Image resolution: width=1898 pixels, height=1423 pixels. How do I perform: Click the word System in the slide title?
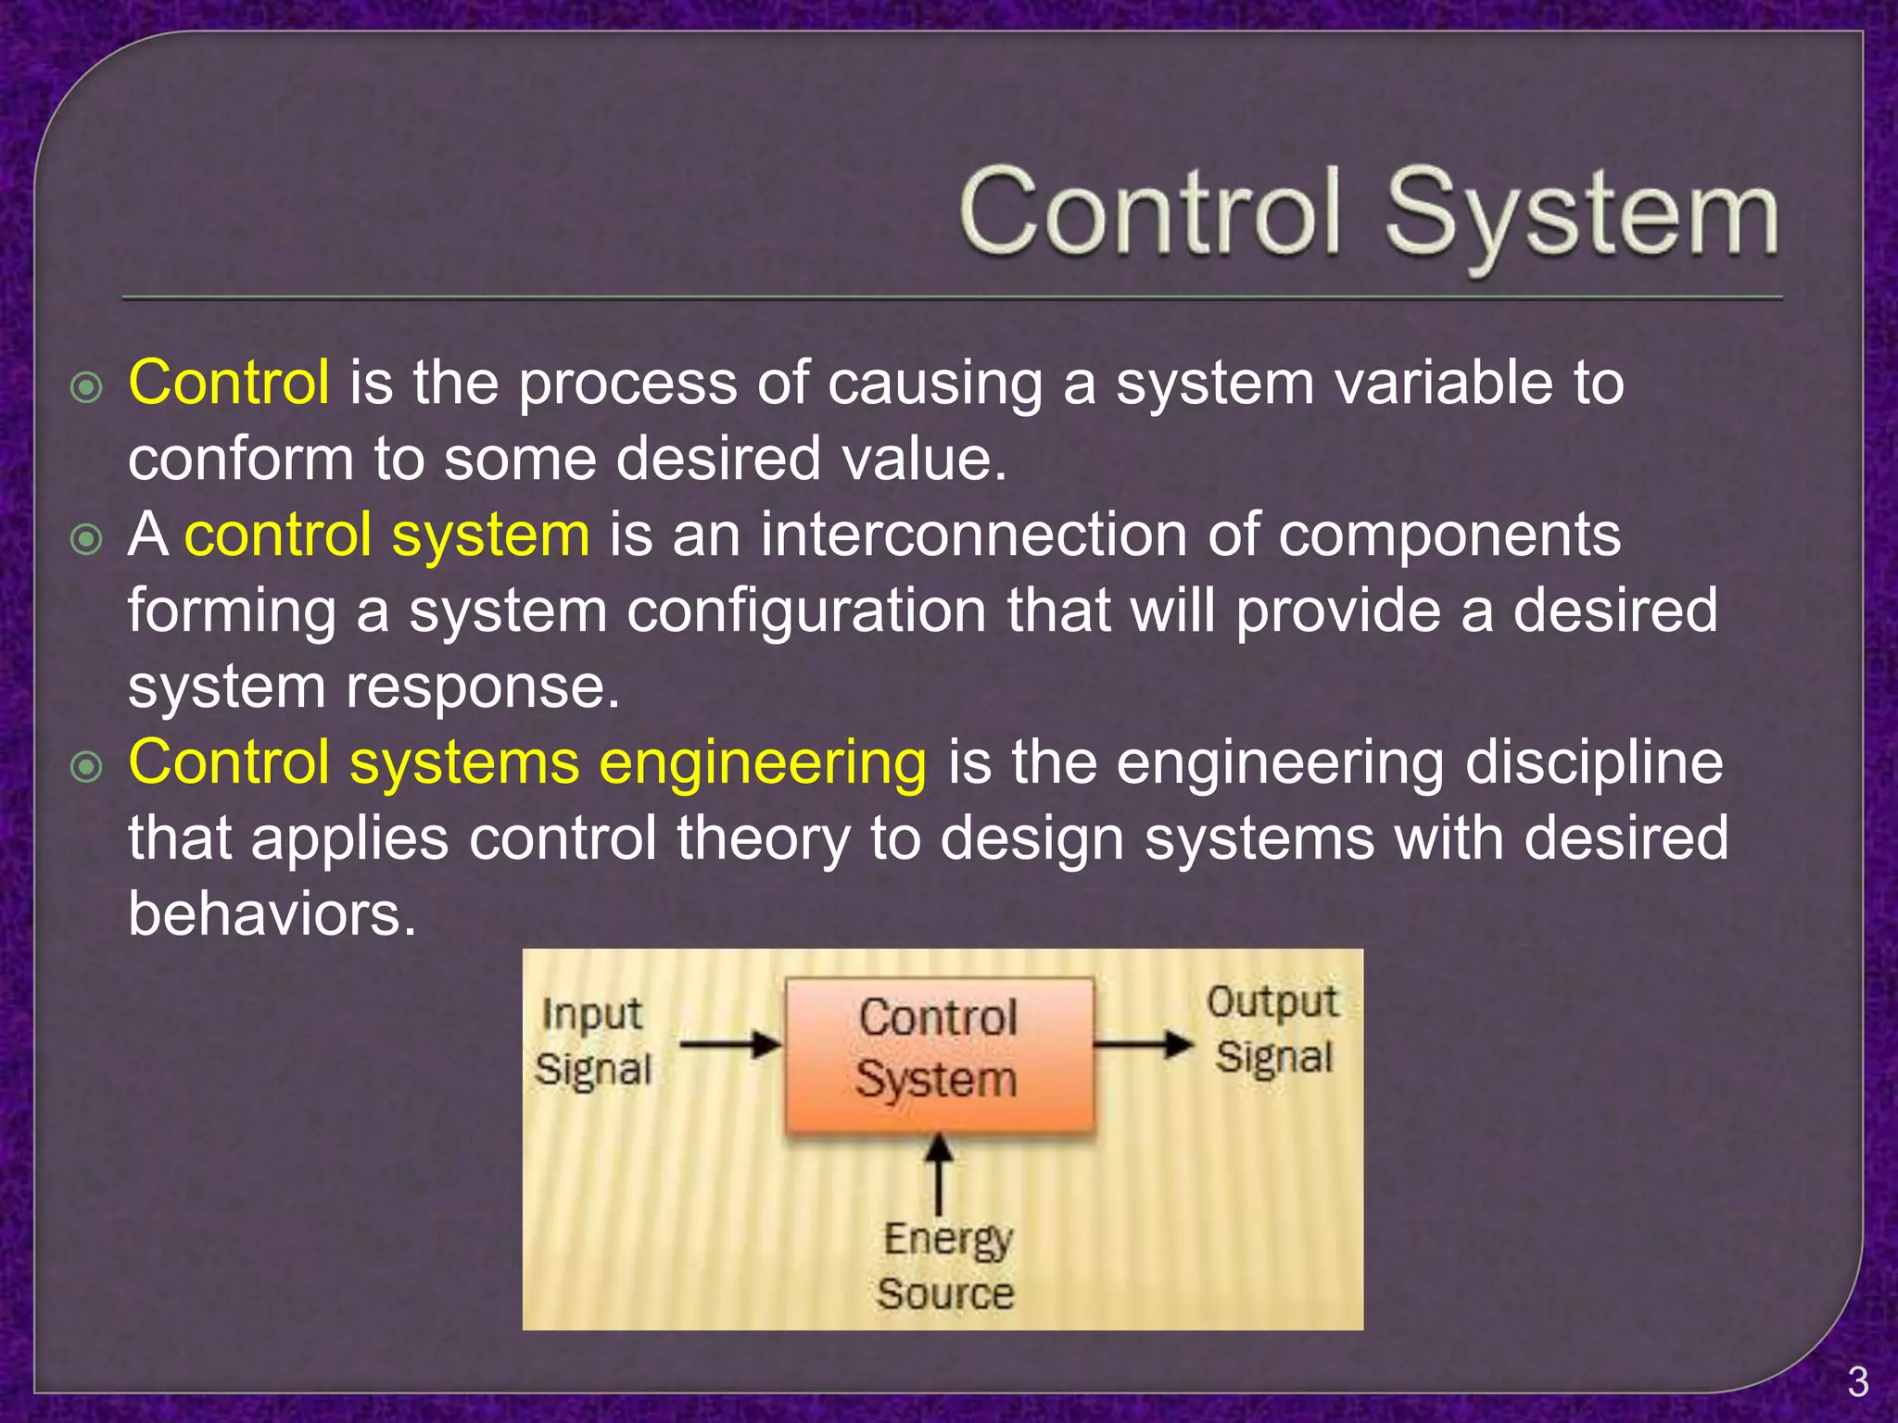click(1581, 216)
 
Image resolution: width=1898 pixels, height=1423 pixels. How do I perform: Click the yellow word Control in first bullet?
click(229, 382)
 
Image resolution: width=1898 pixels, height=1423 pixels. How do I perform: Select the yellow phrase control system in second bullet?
click(386, 535)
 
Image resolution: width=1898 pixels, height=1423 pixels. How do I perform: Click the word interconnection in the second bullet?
click(973, 535)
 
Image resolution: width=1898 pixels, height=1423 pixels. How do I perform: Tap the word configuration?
click(806, 611)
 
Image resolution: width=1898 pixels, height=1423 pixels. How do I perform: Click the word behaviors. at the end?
click(272, 914)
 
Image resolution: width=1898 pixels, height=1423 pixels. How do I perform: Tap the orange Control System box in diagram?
click(939, 1053)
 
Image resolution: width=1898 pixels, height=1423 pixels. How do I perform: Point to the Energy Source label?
click(946, 1266)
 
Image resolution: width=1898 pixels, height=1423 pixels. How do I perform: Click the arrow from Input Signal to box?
click(730, 1045)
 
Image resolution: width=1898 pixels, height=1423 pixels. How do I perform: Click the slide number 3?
click(1857, 1382)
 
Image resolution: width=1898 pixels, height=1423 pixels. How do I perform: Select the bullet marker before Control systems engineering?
click(86, 767)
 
